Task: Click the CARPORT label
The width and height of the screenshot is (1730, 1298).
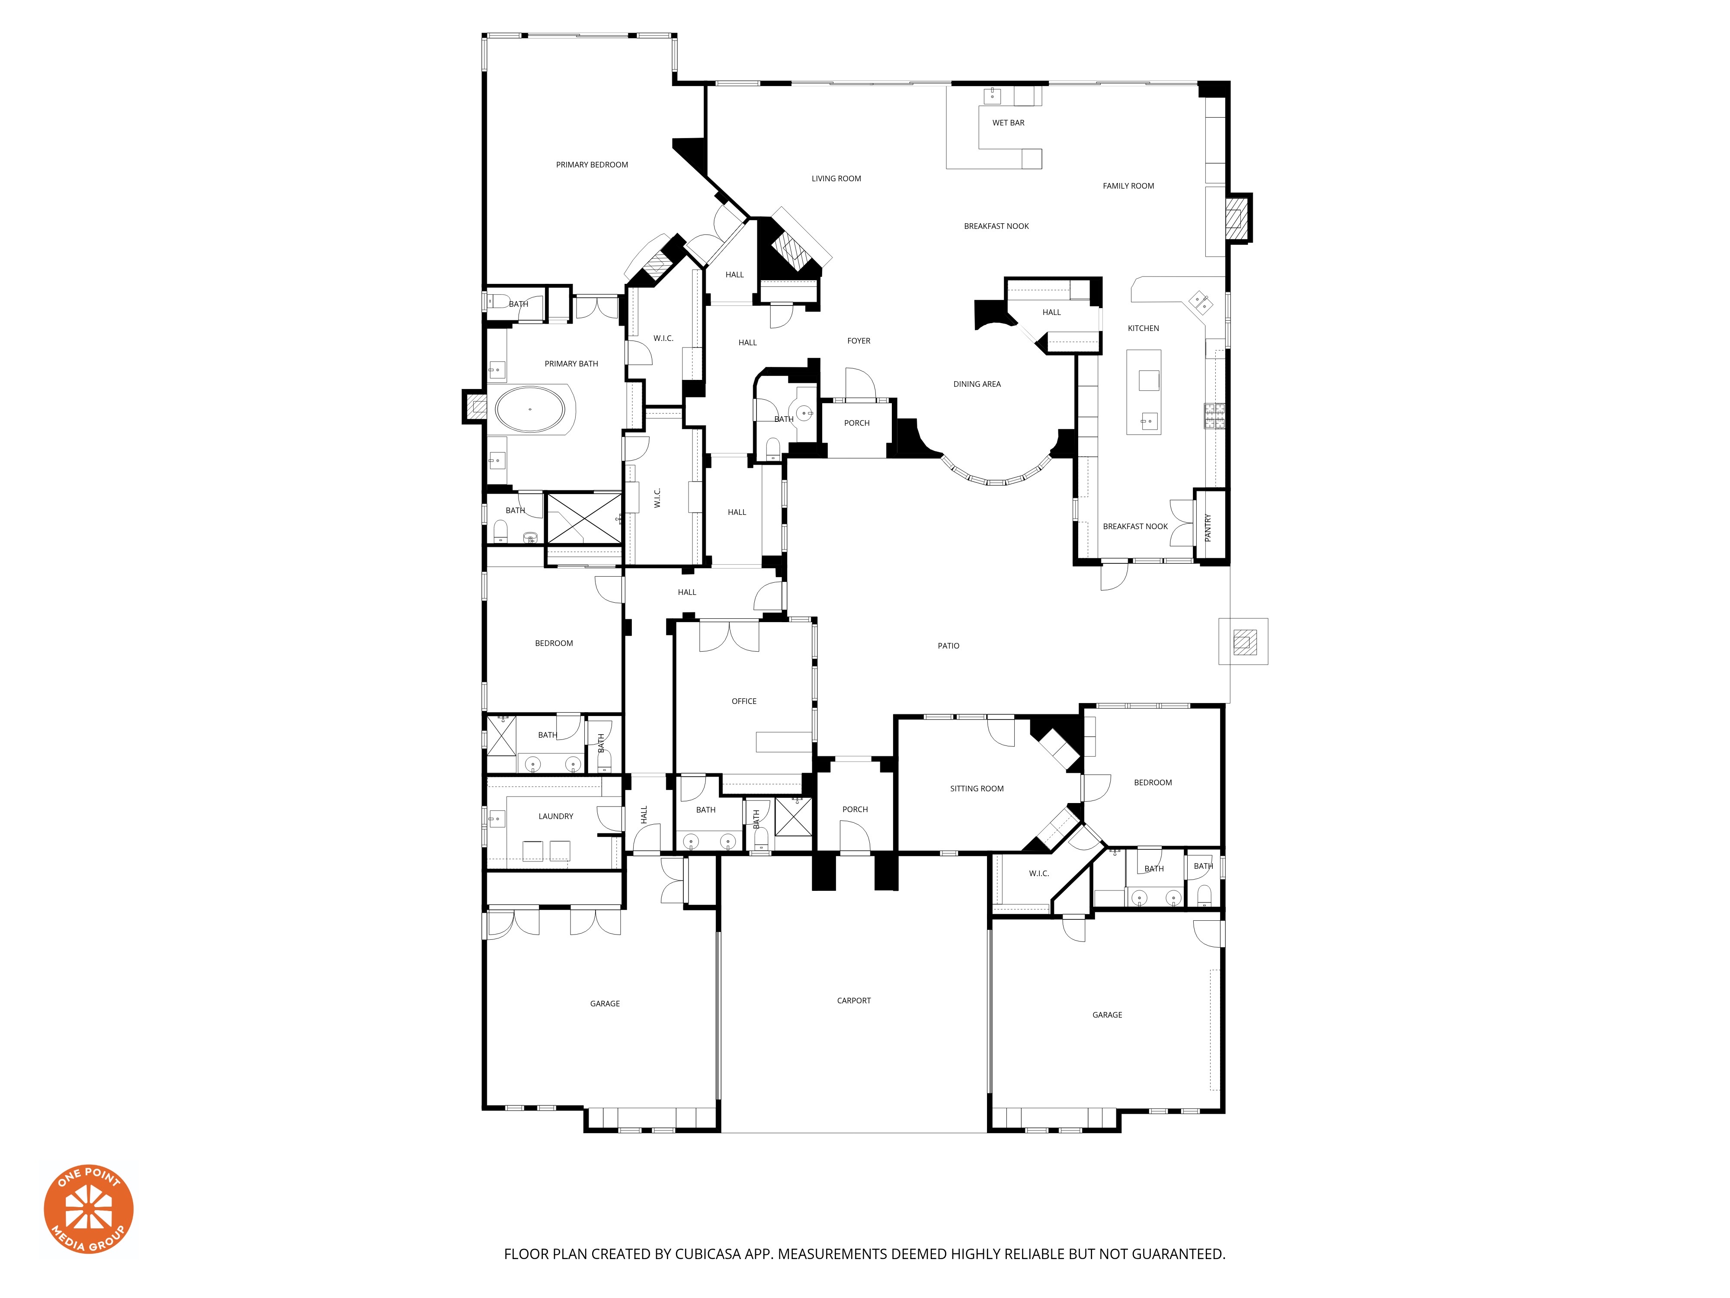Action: [853, 1001]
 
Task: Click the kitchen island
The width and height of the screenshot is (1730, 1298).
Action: [1144, 391]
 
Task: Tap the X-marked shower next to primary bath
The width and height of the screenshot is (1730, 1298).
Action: [583, 518]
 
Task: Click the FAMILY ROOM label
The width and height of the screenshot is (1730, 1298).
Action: [1128, 186]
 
